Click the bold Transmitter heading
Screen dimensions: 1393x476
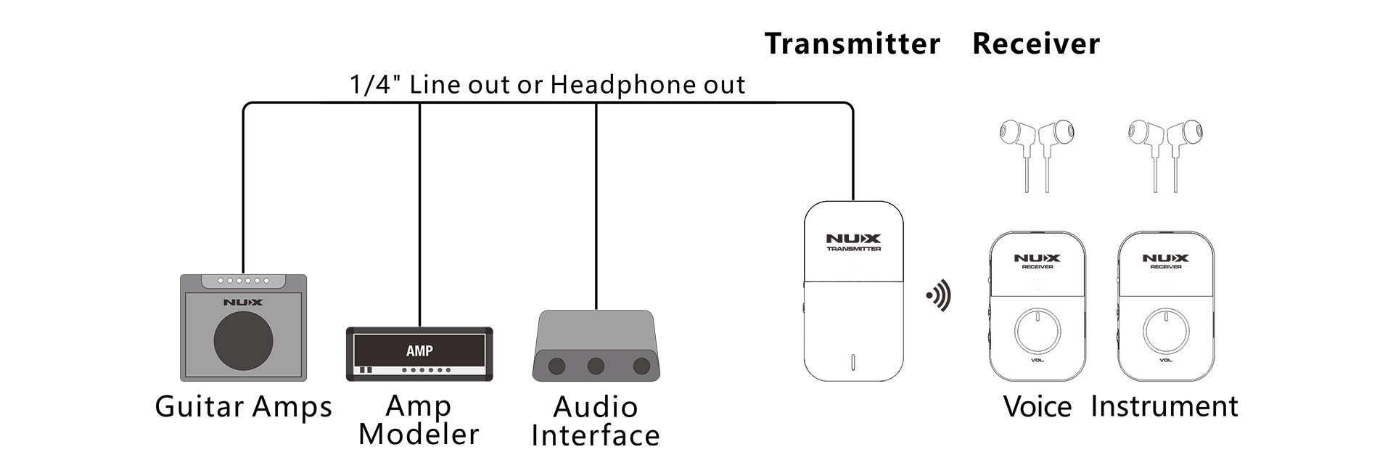[x=852, y=44]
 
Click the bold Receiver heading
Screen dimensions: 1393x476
[x=1036, y=44]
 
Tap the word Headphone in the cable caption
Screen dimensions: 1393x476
[x=615, y=85]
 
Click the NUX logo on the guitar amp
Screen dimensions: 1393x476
[x=243, y=302]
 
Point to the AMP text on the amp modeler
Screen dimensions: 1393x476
[x=419, y=351]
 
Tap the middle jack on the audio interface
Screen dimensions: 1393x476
[x=596, y=366]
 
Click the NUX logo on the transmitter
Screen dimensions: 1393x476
[x=853, y=238]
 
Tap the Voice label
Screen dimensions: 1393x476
[x=1037, y=406]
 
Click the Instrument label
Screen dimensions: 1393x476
[x=1164, y=406]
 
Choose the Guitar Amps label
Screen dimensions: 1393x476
[x=243, y=407]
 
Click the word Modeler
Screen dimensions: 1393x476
[x=419, y=435]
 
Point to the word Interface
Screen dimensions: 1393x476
[x=596, y=436]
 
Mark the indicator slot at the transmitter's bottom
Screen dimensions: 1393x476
[x=853, y=362]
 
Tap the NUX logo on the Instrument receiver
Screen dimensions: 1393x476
[x=1165, y=258]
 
